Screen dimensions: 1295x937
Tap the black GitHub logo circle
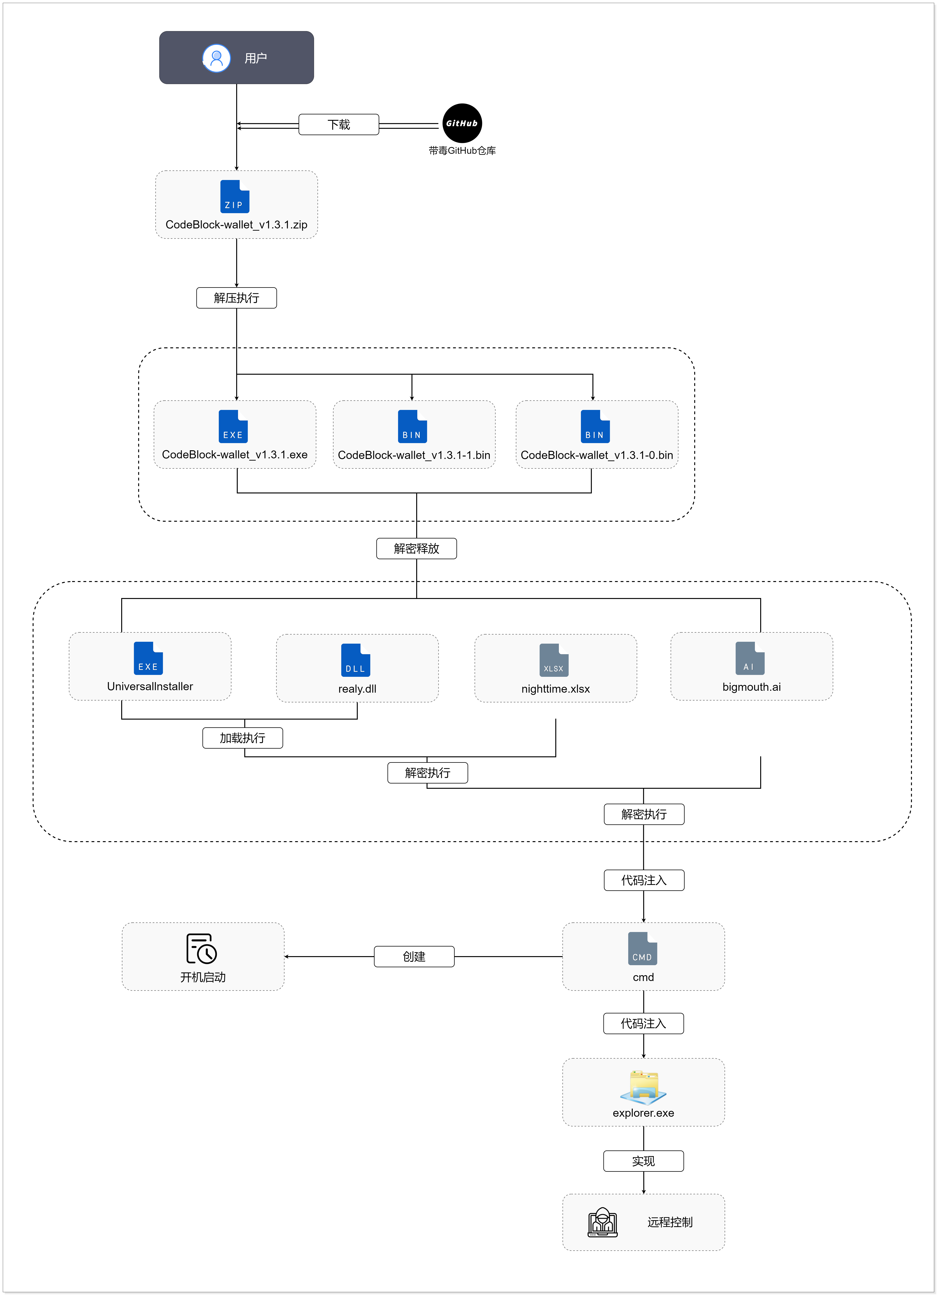[462, 123]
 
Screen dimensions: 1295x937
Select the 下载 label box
[339, 124]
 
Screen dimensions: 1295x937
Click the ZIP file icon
[235, 196]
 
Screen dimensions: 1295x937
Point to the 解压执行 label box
[236, 298]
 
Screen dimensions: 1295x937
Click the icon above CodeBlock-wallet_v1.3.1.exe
[233, 427]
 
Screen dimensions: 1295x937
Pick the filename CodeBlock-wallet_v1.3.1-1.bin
[414, 455]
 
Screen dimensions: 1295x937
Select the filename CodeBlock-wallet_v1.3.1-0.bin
[597, 455]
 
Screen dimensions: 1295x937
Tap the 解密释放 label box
[416, 549]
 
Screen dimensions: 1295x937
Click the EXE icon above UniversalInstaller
[148, 658]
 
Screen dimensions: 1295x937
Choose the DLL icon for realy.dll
[355, 660]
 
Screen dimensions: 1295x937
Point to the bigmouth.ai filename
[751, 687]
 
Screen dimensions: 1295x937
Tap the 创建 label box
[414, 956]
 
